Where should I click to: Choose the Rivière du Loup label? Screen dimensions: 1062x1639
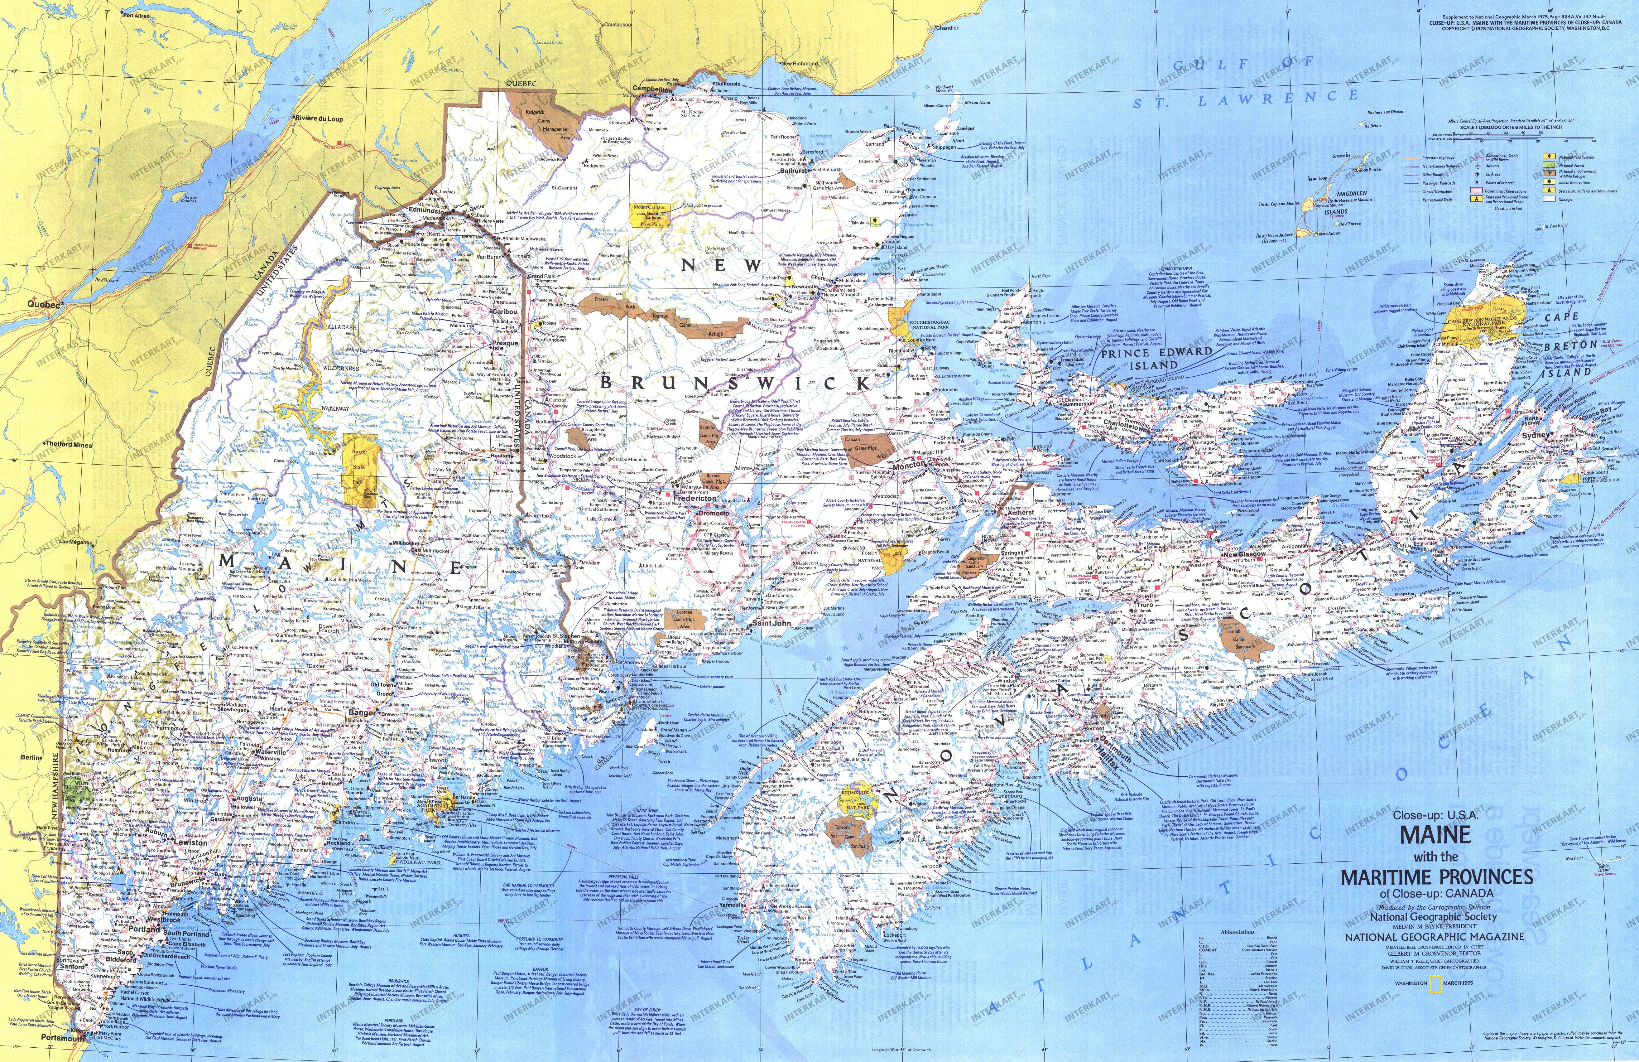[319, 118]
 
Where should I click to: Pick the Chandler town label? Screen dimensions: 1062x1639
[945, 28]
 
